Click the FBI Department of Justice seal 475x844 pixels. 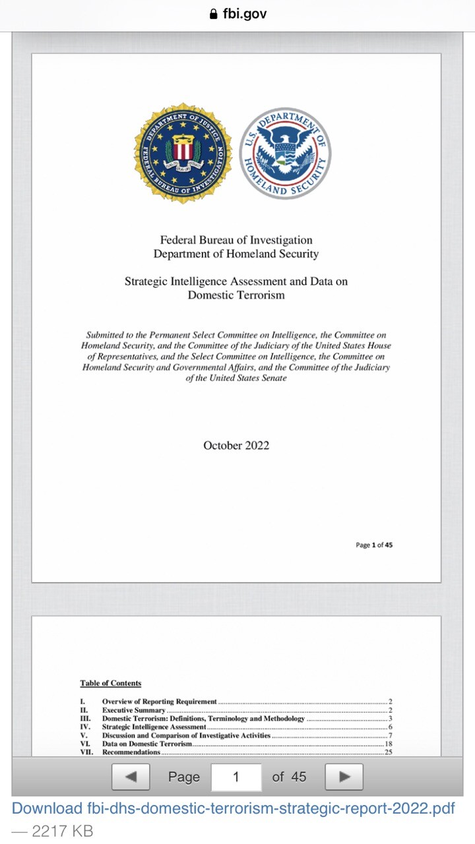[x=183, y=152]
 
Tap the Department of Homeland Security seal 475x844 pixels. [x=285, y=152]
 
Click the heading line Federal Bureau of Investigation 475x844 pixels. [x=236, y=240]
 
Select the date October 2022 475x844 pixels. [x=236, y=445]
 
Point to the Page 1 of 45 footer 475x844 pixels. [x=374, y=545]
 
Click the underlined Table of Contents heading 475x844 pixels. [x=111, y=683]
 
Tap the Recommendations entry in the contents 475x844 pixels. [x=131, y=752]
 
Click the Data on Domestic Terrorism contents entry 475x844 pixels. [x=147, y=743]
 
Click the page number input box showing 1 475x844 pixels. [x=236, y=777]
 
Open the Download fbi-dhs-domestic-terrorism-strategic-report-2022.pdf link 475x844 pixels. [x=234, y=808]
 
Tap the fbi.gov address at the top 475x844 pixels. [x=244, y=14]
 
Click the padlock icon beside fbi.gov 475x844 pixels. [x=213, y=14]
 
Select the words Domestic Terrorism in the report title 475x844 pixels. [x=236, y=295]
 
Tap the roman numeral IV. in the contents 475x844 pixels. [x=84, y=727]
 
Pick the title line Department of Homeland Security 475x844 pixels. [x=236, y=254]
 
